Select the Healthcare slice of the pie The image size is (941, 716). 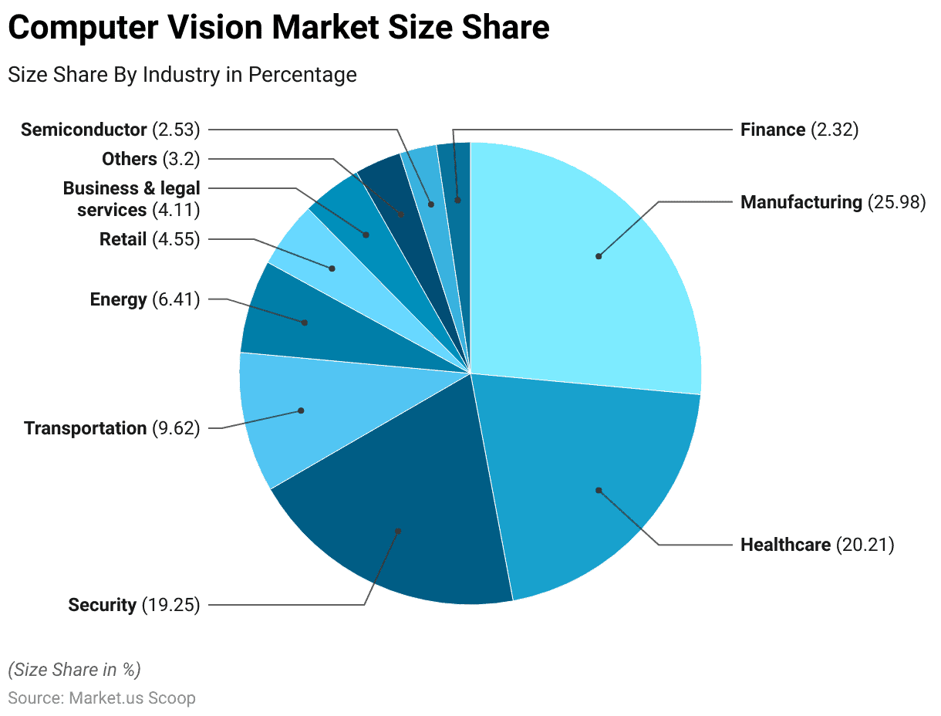pos(586,478)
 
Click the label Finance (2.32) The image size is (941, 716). pos(799,130)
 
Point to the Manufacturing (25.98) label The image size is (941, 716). pos(832,202)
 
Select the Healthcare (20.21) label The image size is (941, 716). pos(817,545)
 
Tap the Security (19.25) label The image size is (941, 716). pos(133,605)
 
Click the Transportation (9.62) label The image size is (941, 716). pos(112,428)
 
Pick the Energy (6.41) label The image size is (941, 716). pos(144,299)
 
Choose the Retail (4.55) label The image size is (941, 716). pos(150,239)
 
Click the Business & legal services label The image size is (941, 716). pos(131,199)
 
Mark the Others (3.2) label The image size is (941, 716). pos(150,159)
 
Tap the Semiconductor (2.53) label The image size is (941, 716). pos(110,130)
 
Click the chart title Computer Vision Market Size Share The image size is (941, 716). pos(278,29)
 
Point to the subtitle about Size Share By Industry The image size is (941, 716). pos(182,75)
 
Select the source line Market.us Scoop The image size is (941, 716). pos(101,698)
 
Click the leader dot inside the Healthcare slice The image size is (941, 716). pos(598,489)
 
